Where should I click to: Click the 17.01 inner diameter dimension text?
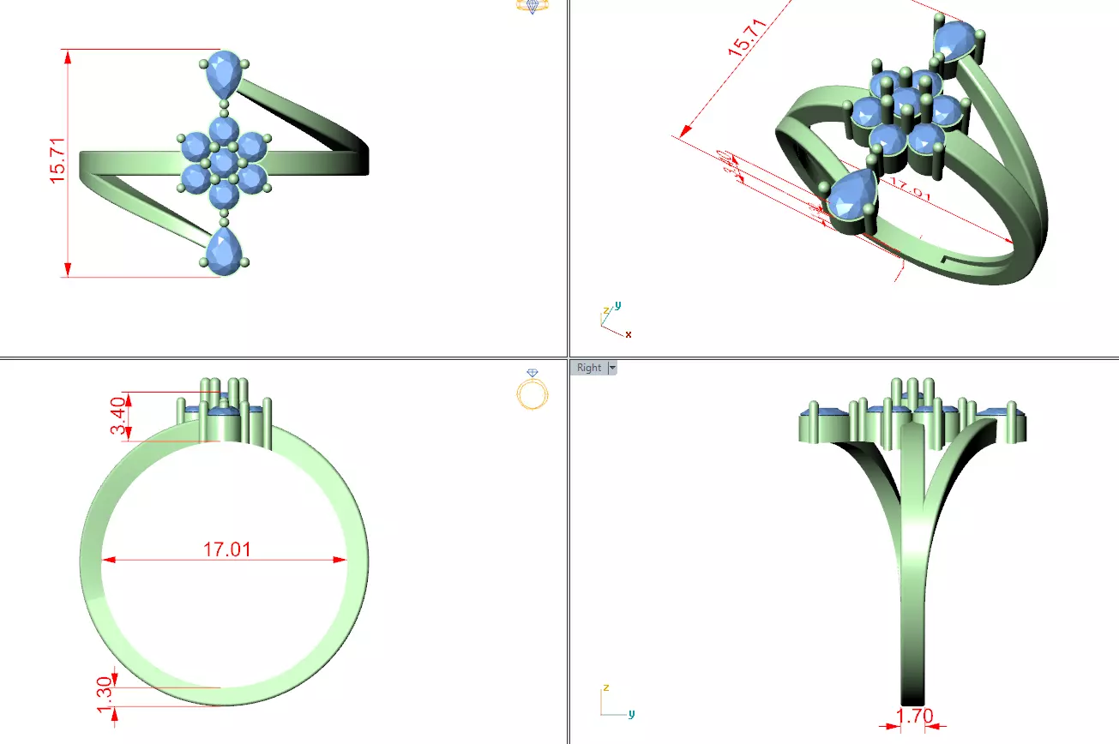tap(226, 549)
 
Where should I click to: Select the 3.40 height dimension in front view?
tap(119, 417)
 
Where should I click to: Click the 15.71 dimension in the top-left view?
tap(57, 163)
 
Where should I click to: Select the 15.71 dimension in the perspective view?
tap(745, 38)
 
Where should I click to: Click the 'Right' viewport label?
tap(589, 368)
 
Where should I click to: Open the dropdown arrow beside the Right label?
tap(611, 368)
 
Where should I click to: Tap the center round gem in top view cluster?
tap(224, 162)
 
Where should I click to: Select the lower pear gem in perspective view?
tap(852, 197)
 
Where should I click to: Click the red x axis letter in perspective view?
tap(629, 334)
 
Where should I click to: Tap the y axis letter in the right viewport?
tap(631, 713)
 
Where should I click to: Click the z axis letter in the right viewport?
tap(605, 687)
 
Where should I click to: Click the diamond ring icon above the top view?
tap(532, 6)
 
